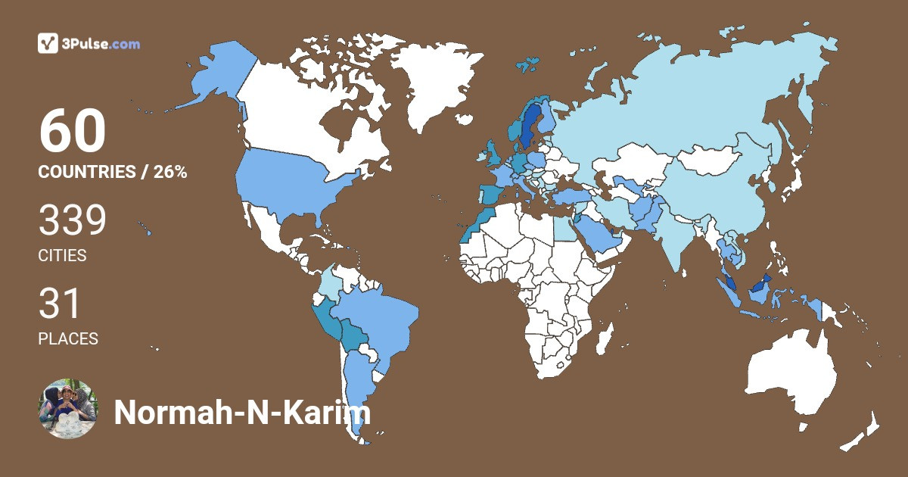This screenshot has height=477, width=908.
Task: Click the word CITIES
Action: pyautogui.click(x=62, y=256)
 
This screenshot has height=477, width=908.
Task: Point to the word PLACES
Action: pyautogui.click(x=68, y=338)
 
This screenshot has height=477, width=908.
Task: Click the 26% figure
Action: pyautogui.click(x=170, y=172)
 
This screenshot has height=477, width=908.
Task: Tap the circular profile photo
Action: pyautogui.click(x=67, y=409)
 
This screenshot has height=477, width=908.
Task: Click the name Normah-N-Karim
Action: pyautogui.click(x=242, y=413)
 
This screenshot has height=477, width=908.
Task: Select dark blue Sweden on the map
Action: pyautogui.click(x=530, y=125)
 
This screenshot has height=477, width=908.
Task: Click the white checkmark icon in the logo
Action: pyautogui.click(x=48, y=44)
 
